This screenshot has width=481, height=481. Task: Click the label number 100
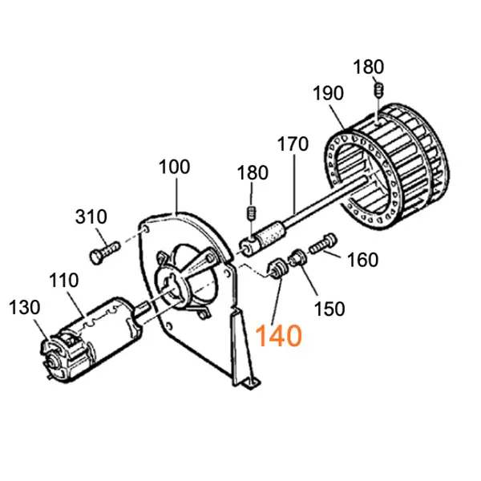[174, 168]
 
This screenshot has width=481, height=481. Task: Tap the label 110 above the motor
[63, 281]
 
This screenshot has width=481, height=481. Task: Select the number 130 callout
[24, 307]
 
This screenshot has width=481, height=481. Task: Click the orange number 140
[278, 334]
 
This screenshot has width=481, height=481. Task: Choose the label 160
[363, 260]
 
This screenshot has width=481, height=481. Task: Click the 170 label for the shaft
[293, 146]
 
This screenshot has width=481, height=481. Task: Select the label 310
[91, 216]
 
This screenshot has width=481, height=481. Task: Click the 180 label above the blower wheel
[369, 65]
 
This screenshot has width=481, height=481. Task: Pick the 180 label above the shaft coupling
[252, 173]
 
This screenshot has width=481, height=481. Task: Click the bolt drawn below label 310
[103, 252]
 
